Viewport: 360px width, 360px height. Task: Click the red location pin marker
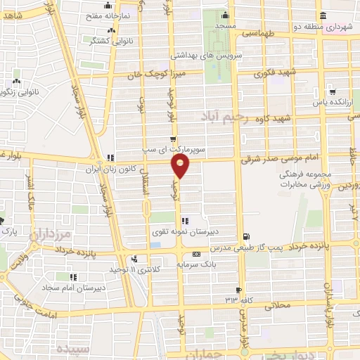pos(181,166)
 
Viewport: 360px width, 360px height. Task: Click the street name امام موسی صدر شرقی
pos(276,160)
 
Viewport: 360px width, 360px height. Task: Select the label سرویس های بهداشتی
pos(210,54)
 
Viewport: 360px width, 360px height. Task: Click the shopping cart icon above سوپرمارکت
pos(173,139)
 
